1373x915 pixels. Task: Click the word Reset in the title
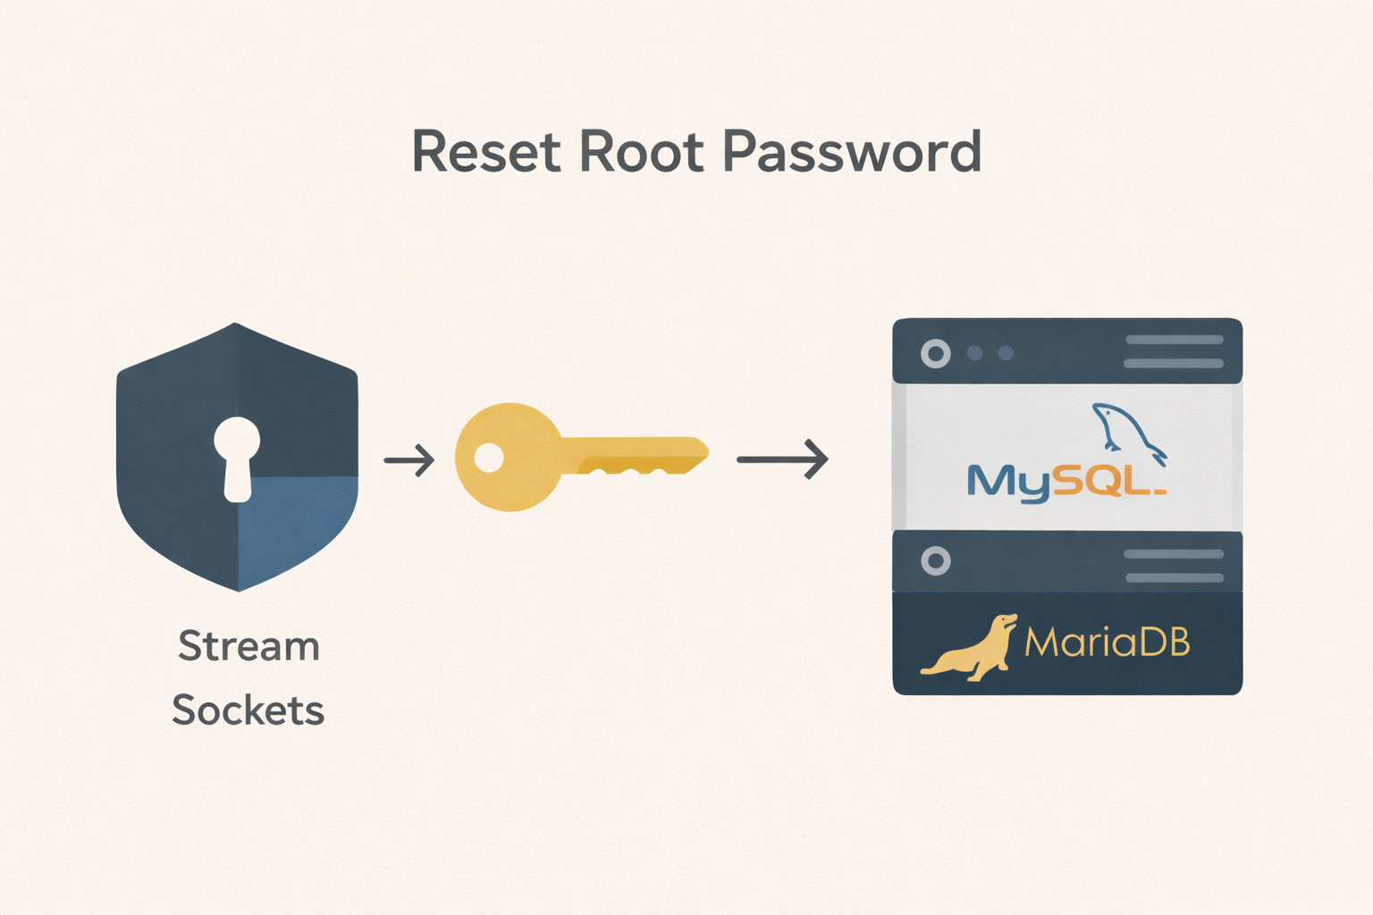click(x=484, y=152)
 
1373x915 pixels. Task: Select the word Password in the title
click(x=852, y=152)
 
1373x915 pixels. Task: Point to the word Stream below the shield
click(x=248, y=646)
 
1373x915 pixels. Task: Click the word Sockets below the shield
click(x=248, y=710)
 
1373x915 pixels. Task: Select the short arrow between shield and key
click(x=409, y=460)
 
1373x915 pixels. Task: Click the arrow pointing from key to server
click(x=782, y=459)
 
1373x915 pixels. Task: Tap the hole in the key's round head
click(x=488, y=457)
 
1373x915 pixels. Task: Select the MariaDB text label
click(x=1107, y=642)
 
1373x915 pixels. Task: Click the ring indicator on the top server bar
click(x=936, y=354)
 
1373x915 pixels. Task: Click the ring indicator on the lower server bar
click(x=936, y=561)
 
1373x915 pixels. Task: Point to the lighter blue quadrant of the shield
click(x=295, y=527)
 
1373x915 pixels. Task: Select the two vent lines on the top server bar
click(x=1174, y=351)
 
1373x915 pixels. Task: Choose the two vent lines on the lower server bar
click(x=1174, y=566)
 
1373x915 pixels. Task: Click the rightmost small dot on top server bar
click(x=1006, y=353)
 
